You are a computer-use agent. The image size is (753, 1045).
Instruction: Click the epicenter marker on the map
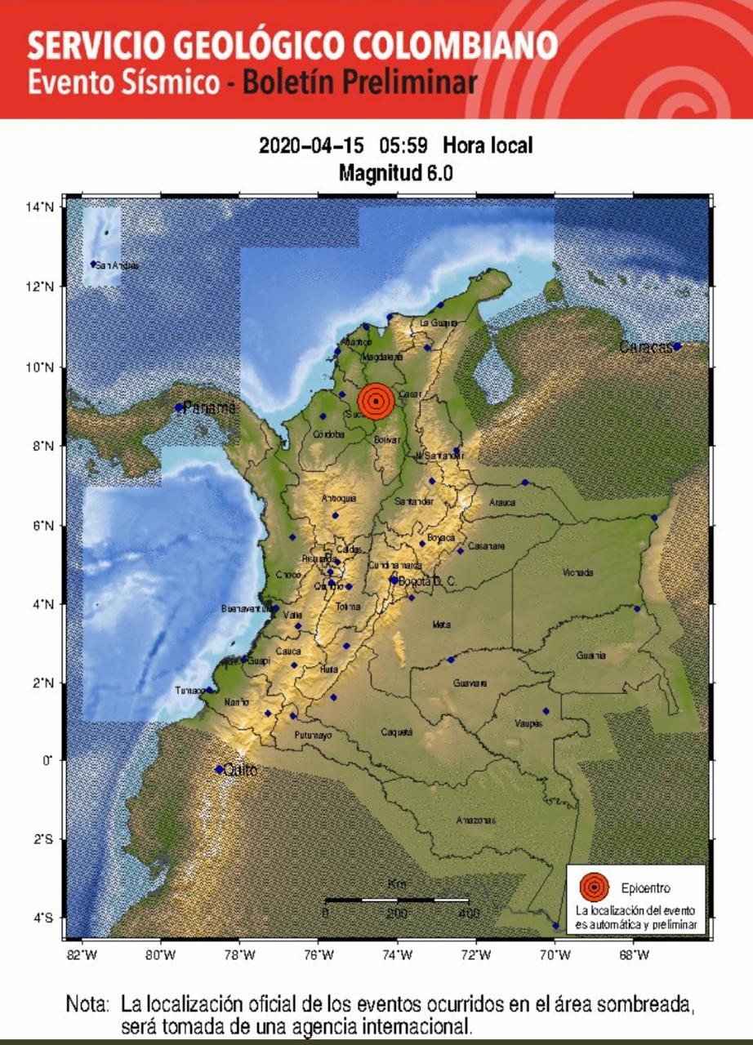376,401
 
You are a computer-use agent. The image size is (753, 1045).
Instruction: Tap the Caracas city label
645,347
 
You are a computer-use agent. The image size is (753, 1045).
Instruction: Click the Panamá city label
210,407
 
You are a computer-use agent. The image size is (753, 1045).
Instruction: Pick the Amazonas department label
452,820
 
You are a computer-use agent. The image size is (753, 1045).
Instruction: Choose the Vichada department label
578,573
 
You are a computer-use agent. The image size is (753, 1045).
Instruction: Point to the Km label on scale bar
397,884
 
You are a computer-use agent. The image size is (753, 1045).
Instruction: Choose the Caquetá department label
397,732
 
